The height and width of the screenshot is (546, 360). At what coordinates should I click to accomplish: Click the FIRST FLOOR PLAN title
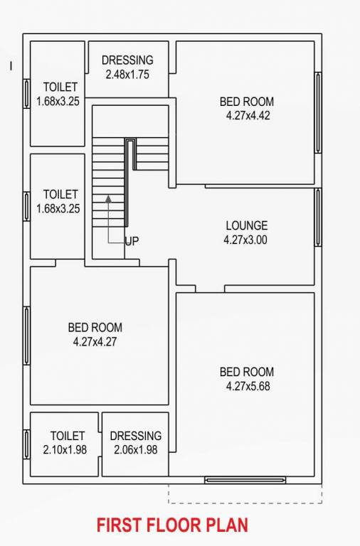click(x=172, y=525)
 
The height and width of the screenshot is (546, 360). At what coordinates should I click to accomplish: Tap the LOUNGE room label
click(x=246, y=226)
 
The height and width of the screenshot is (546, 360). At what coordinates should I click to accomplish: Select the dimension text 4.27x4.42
click(x=246, y=115)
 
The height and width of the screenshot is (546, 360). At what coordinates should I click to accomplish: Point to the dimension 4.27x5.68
click(x=246, y=386)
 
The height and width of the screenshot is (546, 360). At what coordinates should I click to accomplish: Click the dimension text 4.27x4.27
click(x=95, y=341)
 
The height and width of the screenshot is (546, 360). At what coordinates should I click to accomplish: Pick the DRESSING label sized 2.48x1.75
click(x=127, y=60)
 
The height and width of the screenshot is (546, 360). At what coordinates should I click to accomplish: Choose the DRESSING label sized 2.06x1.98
click(x=135, y=436)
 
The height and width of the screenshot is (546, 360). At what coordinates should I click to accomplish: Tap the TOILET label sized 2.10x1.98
click(x=67, y=436)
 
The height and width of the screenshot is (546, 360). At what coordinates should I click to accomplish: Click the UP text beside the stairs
click(x=132, y=242)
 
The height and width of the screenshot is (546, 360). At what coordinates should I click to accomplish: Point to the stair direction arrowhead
click(x=108, y=198)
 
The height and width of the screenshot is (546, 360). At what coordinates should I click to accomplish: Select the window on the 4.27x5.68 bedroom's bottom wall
click(x=245, y=480)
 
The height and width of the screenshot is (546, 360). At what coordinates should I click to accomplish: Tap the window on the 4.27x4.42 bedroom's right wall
click(x=318, y=112)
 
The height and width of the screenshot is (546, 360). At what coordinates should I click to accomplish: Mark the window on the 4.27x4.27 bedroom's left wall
click(x=26, y=336)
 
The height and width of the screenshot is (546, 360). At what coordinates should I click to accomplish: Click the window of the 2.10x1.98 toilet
click(x=26, y=444)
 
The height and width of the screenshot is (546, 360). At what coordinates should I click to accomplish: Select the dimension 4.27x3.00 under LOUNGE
click(x=245, y=240)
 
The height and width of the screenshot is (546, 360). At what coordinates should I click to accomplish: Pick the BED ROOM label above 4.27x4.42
click(x=246, y=102)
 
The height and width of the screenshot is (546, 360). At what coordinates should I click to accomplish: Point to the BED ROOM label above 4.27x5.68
click(x=246, y=372)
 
